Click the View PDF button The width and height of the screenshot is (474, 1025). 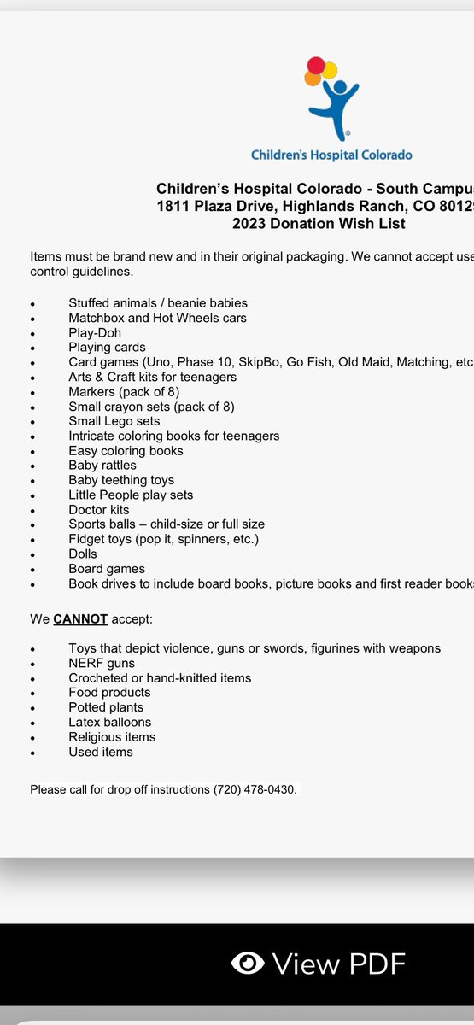tap(319, 964)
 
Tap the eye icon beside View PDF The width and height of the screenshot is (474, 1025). tap(248, 964)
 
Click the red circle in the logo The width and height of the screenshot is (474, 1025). tap(315, 65)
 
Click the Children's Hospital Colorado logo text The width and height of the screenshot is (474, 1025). tap(331, 155)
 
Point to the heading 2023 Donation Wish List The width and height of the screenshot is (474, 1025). tap(319, 224)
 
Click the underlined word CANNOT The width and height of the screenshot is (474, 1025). tap(80, 618)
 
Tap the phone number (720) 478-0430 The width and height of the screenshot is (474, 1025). tap(255, 789)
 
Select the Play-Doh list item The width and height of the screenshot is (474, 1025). tap(95, 332)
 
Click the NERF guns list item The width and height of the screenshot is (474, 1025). tap(102, 663)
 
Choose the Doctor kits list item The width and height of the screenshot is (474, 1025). tap(99, 510)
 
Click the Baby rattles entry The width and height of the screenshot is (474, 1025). tap(102, 466)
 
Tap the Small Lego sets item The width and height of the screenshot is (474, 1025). tap(114, 421)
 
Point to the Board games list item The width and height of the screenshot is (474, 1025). tap(107, 569)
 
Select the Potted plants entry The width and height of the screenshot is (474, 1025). tap(106, 707)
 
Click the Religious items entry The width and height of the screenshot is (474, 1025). tap(112, 736)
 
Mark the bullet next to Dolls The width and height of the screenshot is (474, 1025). tap(32, 555)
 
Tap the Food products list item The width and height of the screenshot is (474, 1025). tap(109, 692)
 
